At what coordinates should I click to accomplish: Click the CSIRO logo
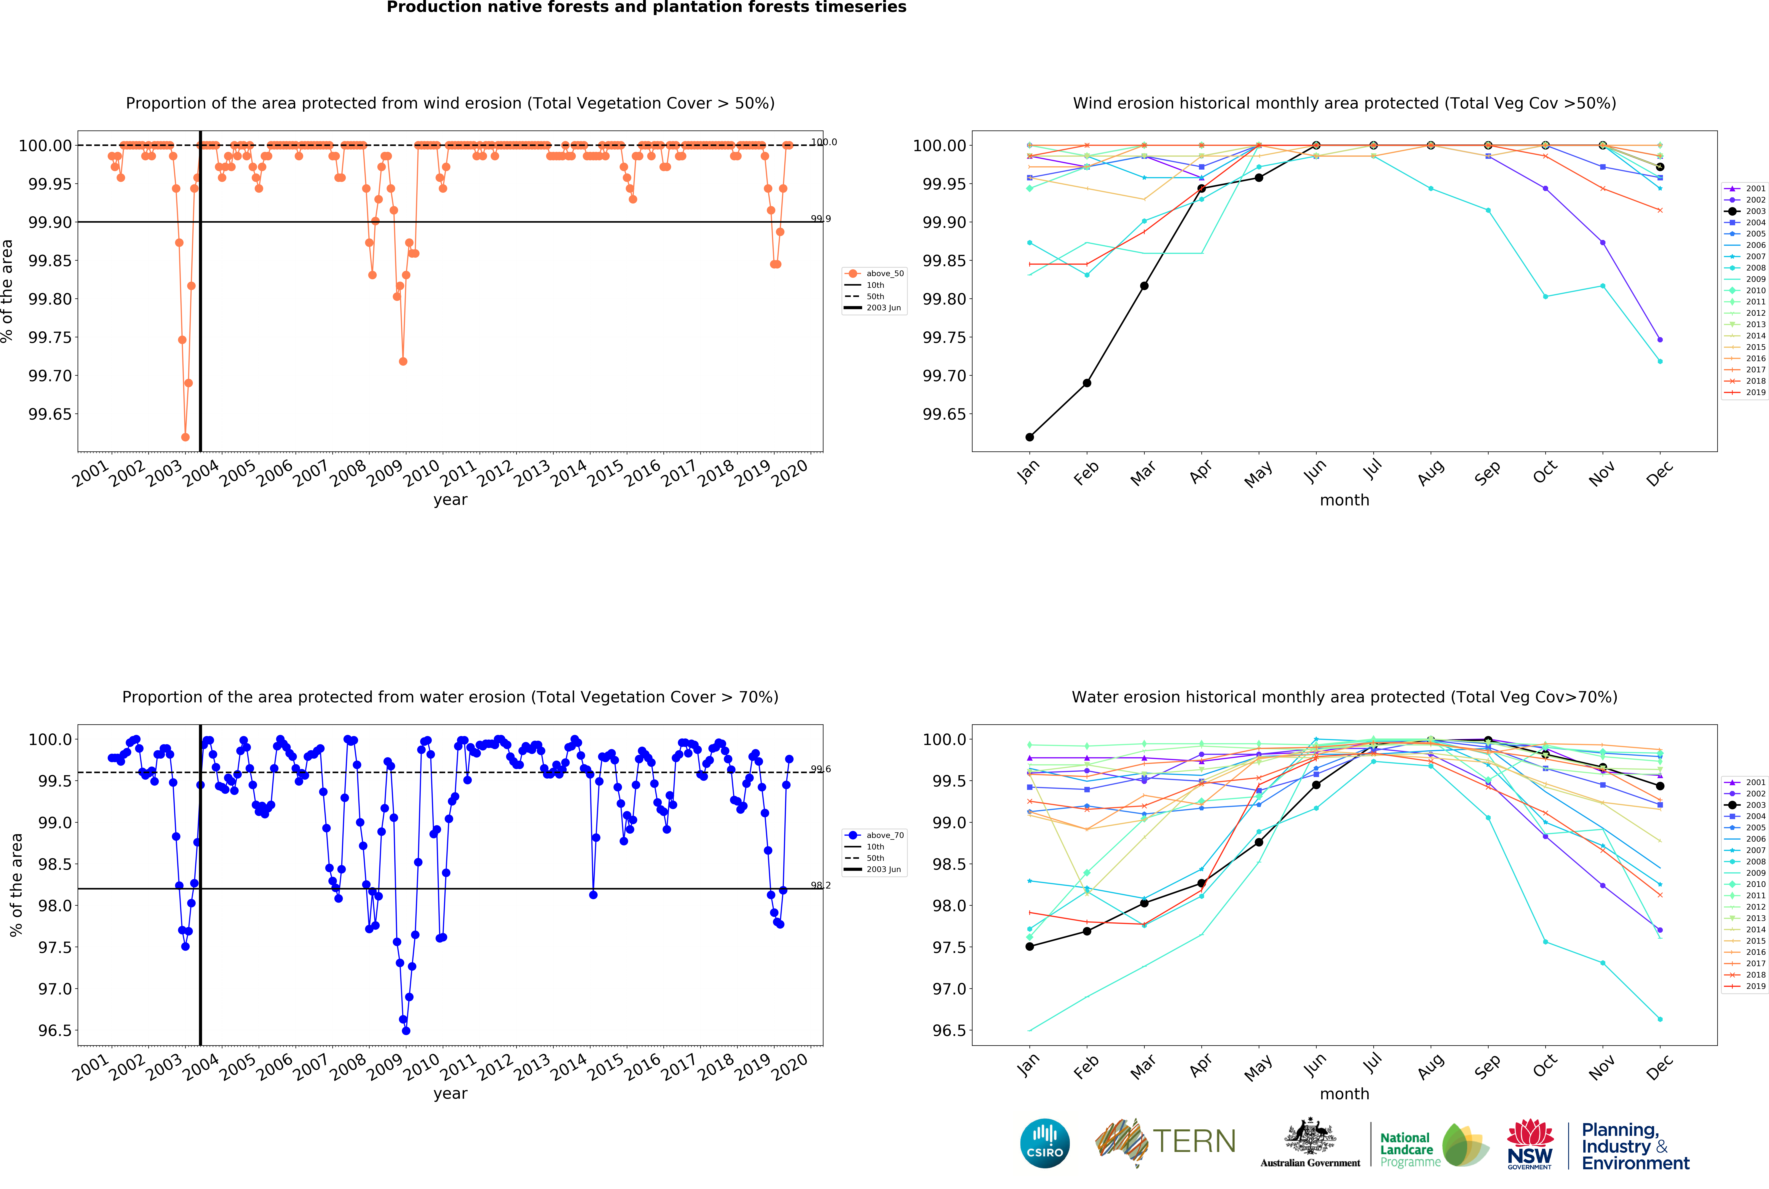tap(1044, 1143)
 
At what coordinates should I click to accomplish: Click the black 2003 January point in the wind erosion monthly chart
tap(1029, 437)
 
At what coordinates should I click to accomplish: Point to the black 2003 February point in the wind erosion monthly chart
tap(1087, 383)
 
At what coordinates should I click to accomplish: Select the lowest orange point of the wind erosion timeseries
tap(185, 437)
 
